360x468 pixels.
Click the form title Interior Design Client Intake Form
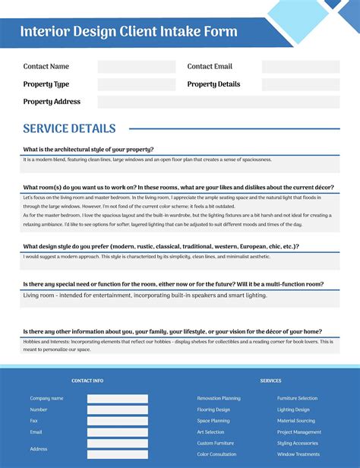[128, 32]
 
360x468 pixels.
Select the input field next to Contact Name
[137, 67]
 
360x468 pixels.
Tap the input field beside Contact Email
[301, 67]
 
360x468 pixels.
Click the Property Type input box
[137, 84]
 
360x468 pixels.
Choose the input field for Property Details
[301, 84]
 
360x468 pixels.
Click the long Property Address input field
[219, 102]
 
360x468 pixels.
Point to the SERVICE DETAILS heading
[69, 129]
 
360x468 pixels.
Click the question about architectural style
[88, 150]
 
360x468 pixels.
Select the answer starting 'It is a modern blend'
[147, 160]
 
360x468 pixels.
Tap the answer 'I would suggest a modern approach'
[147, 257]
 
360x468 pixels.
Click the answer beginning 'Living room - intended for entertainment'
[145, 295]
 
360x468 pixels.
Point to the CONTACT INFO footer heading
[87, 381]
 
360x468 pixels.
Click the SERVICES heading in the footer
[270, 381]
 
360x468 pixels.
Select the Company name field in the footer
[118, 398]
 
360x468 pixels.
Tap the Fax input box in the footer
[118, 421]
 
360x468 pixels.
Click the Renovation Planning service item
[219, 398]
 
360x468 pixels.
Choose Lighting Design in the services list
[293, 409]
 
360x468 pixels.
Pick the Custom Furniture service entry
[216, 443]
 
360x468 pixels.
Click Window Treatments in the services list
[298, 454]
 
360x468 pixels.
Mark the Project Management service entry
[299, 432]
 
